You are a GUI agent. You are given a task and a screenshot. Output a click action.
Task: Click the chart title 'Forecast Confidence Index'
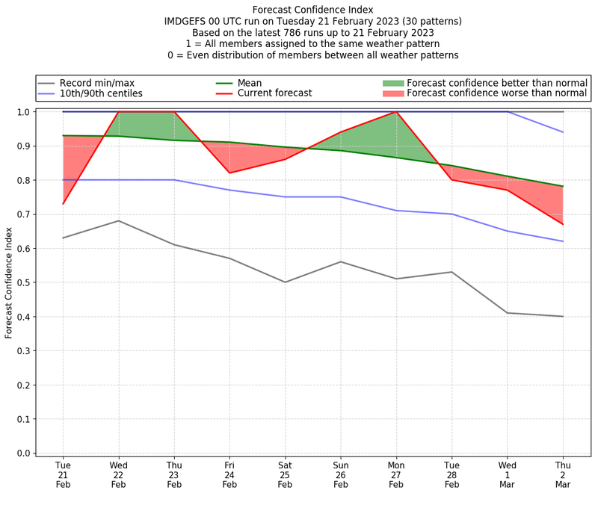pyautogui.click(x=312, y=10)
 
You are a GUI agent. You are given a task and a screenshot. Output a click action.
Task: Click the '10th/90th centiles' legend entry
pyautogui.click(x=101, y=93)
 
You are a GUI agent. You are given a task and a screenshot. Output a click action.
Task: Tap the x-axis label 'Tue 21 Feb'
pyautogui.click(x=63, y=474)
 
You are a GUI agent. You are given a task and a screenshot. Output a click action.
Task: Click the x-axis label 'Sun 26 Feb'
pyautogui.click(x=341, y=474)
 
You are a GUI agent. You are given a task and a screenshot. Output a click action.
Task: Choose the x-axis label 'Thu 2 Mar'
pyautogui.click(x=563, y=474)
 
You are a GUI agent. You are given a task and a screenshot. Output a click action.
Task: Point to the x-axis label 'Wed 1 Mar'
pyautogui.click(x=508, y=474)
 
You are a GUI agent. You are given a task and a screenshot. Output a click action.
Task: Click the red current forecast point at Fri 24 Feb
pyautogui.click(x=229, y=173)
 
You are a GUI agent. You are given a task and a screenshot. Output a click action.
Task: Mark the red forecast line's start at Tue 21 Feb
pyautogui.click(x=63, y=204)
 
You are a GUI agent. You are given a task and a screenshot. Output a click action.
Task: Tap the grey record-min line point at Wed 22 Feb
pyautogui.click(x=118, y=220)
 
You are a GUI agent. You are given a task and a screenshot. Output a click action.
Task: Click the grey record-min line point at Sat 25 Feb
pyautogui.click(x=285, y=282)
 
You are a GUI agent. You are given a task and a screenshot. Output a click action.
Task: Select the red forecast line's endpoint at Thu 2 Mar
pyautogui.click(x=563, y=224)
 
